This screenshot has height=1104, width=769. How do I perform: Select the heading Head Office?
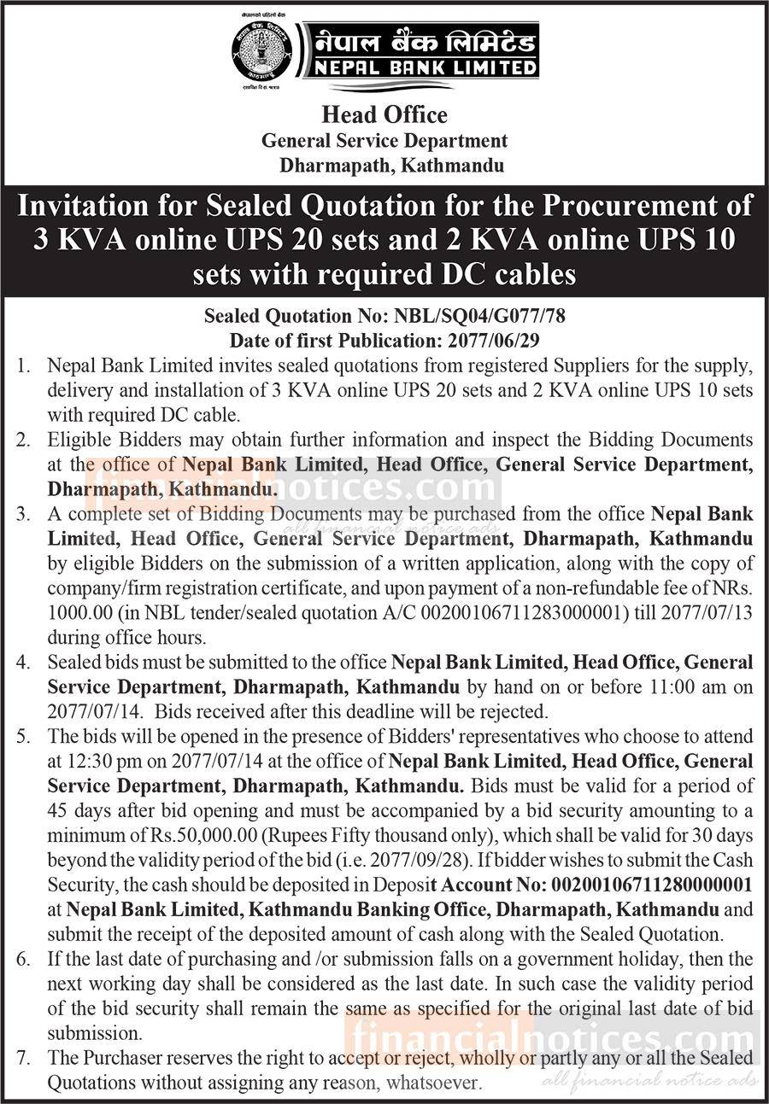point(384,114)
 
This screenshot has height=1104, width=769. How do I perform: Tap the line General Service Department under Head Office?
point(384,141)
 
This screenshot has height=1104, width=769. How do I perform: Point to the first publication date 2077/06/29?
point(497,339)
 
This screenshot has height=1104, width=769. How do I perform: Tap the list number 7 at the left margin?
point(24,1057)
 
